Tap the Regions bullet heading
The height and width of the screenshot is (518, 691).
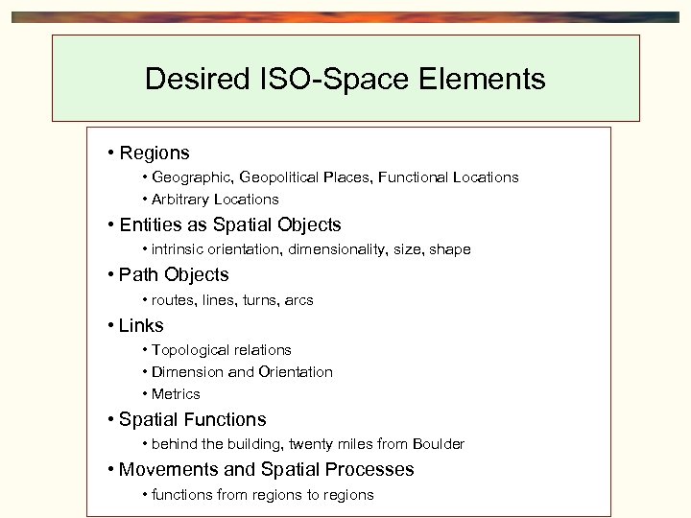click(x=154, y=153)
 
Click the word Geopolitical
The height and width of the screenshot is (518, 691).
click(x=282, y=177)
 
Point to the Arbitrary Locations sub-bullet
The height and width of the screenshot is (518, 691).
click(x=215, y=200)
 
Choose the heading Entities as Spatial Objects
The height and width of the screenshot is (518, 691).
click(x=230, y=225)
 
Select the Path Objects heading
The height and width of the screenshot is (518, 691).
click(x=174, y=275)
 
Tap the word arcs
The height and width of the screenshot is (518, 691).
click(x=298, y=300)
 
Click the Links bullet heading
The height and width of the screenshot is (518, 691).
click(x=141, y=325)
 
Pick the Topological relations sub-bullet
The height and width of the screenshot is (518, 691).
click(x=221, y=350)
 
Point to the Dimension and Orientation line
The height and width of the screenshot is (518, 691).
click(x=242, y=372)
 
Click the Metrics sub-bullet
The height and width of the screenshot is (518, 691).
click(x=176, y=394)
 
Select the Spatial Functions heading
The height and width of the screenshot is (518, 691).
click(x=192, y=419)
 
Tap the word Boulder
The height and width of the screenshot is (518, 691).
click(x=439, y=444)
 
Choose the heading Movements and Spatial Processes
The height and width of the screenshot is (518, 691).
click(x=266, y=470)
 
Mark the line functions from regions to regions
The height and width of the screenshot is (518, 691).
click(x=262, y=495)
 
